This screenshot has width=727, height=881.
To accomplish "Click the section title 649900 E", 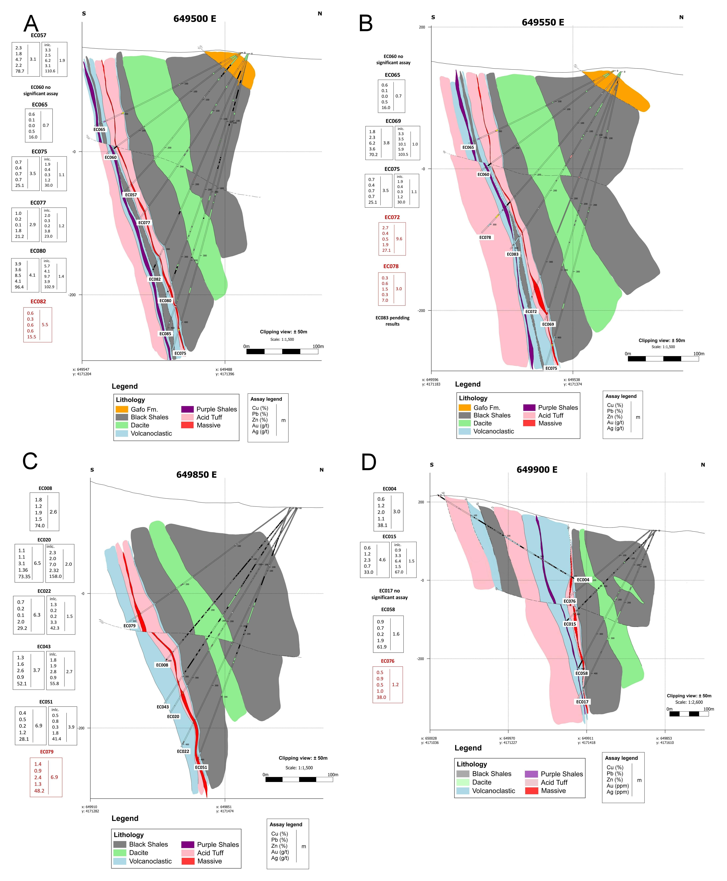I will [537, 469].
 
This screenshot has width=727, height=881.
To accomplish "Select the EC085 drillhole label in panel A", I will [165, 334].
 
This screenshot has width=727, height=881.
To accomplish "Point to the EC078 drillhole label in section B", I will [485, 237].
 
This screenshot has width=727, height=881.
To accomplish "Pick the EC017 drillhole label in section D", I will [582, 702].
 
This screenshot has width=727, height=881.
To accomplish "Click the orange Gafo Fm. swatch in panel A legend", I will [122, 409].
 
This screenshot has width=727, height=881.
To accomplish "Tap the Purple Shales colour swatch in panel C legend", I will [188, 845].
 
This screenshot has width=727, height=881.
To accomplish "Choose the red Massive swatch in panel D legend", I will [531, 791].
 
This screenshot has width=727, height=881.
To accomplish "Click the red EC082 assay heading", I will [38, 302].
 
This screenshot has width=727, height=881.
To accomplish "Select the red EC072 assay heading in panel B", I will [392, 217].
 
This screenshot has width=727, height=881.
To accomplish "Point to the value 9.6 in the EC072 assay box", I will [399, 239].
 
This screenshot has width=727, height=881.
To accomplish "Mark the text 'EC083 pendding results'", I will [392, 321].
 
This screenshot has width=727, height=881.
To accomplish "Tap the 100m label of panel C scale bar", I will [333, 775].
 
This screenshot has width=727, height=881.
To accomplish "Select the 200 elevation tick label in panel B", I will [422, 28].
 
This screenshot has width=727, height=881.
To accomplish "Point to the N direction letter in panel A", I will [320, 14].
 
